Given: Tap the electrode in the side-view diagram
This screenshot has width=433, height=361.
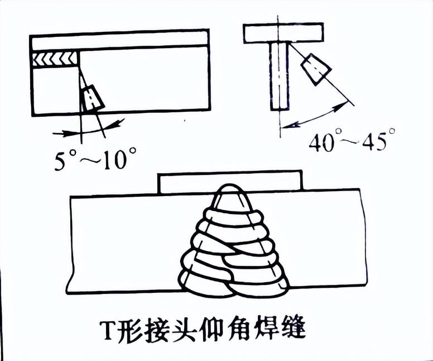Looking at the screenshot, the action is tap(92, 99).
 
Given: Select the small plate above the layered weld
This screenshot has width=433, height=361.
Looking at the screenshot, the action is tap(184, 182).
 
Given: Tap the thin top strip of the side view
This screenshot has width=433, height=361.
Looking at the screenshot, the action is tap(120, 40).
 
